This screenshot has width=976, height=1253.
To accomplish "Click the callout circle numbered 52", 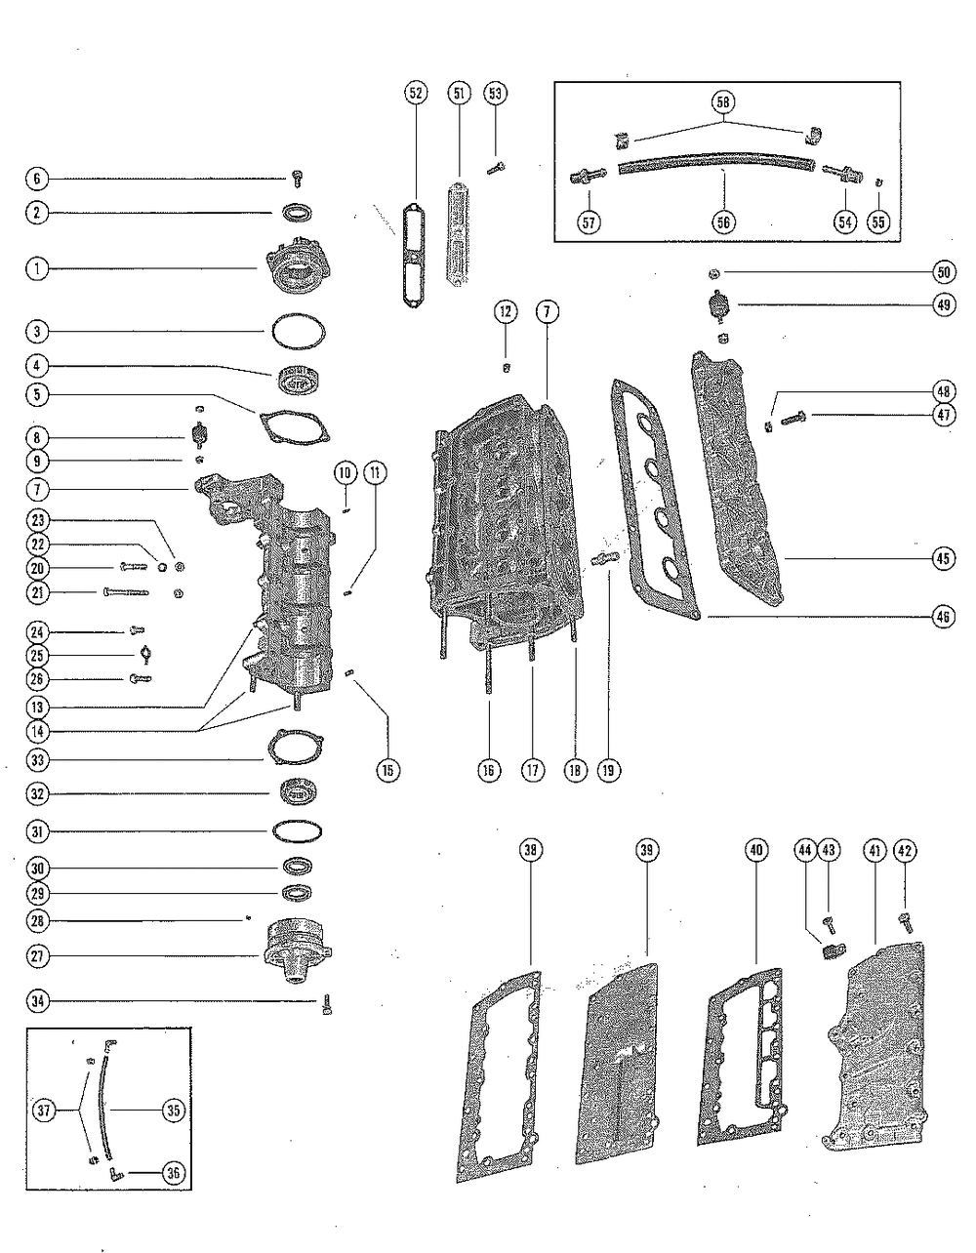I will tap(416, 94).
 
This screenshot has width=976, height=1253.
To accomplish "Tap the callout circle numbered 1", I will tap(36, 268).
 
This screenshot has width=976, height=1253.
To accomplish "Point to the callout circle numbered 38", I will tap(531, 850).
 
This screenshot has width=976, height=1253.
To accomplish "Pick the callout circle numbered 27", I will tap(36, 955).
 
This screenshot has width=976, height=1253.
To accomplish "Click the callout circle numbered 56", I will tap(723, 222).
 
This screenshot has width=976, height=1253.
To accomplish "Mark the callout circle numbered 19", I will tap(609, 770).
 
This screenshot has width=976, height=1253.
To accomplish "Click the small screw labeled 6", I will tap(298, 179).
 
